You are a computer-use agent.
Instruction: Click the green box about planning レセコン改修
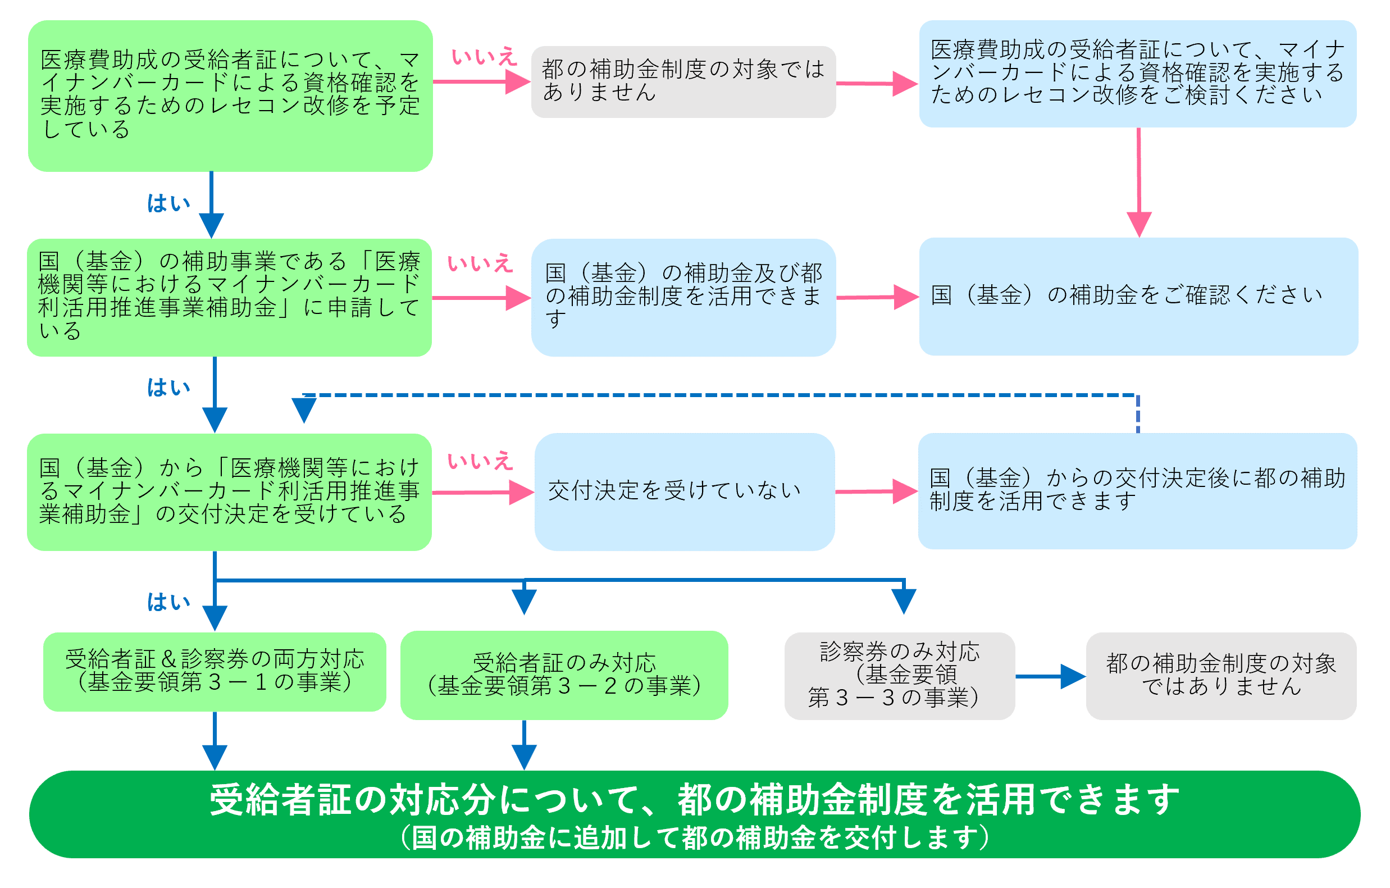pyautogui.click(x=230, y=96)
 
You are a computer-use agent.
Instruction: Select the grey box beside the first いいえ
pyautogui.click(x=683, y=82)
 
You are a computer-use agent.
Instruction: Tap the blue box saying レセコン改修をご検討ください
pyautogui.click(x=1138, y=74)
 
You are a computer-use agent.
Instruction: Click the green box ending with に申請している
pyautogui.click(x=229, y=297)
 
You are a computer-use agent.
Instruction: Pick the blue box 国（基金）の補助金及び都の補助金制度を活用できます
pyautogui.click(x=683, y=297)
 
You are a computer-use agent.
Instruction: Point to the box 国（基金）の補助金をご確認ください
pyautogui.click(x=1138, y=296)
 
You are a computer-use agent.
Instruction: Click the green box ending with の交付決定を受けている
pyautogui.click(x=229, y=492)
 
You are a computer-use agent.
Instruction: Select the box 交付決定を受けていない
pyautogui.click(x=685, y=492)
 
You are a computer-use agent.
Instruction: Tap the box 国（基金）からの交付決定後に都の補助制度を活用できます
pyautogui.click(x=1137, y=491)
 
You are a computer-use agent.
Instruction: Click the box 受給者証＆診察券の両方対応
pyautogui.click(x=215, y=672)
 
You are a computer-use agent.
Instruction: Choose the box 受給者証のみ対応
pyautogui.click(x=564, y=675)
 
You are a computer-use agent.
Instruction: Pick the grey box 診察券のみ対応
pyautogui.click(x=899, y=676)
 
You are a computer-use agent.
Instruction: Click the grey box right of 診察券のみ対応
pyautogui.click(x=1221, y=676)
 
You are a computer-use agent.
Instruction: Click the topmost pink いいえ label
pyautogui.click(x=484, y=57)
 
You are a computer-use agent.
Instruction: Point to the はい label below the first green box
pyautogui.click(x=168, y=203)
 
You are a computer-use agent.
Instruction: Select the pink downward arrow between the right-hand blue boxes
pyautogui.click(x=1139, y=183)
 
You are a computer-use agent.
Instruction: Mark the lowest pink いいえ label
pyautogui.click(x=480, y=461)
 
